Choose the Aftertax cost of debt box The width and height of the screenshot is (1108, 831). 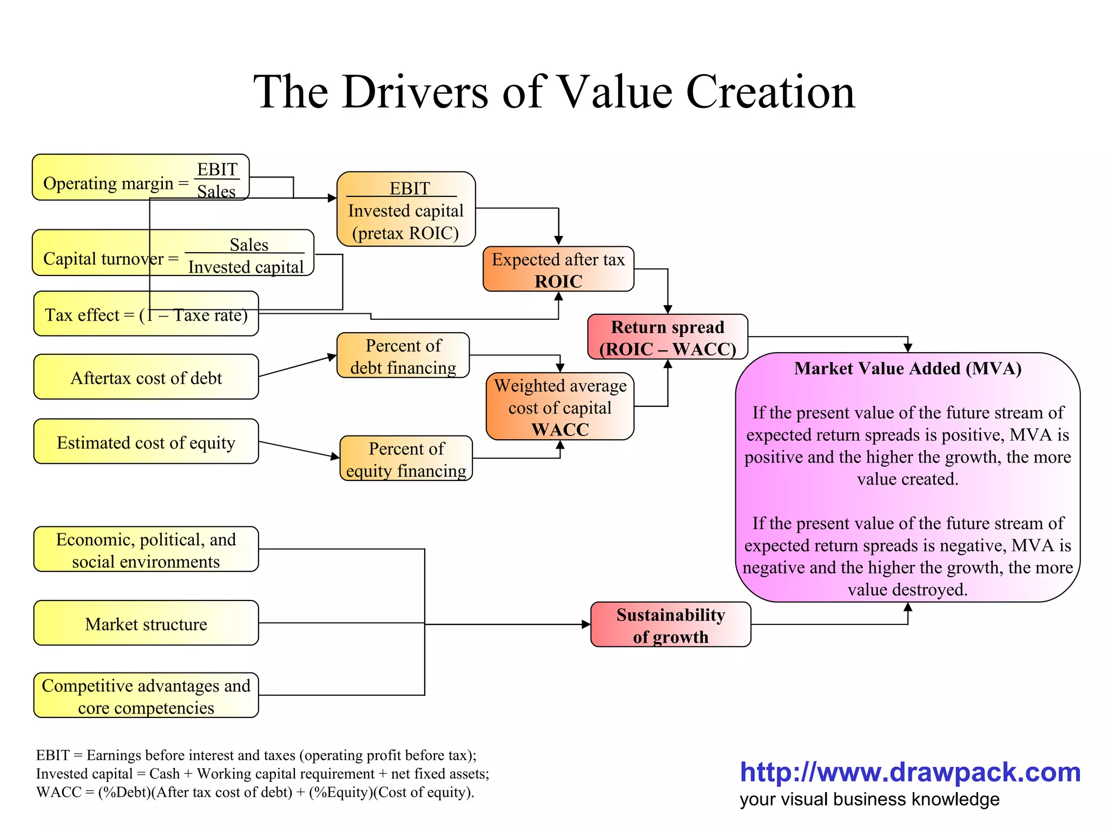point(146,377)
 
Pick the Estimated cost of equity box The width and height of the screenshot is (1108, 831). point(146,441)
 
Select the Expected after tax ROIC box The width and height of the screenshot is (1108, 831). point(558,269)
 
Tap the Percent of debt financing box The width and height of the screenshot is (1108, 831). point(403,355)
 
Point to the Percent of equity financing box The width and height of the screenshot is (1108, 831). point(406,458)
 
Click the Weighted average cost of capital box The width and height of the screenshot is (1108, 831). point(560,406)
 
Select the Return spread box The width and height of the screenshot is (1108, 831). point(668,337)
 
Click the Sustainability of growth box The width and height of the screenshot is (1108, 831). point(670,625)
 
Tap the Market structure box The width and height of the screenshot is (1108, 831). point(146,623)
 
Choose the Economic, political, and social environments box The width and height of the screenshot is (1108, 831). point(146,549)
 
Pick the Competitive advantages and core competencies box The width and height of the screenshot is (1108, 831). point(146,696)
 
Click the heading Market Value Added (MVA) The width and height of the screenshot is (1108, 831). point(907,368)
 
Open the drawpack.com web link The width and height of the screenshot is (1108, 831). point(910,772)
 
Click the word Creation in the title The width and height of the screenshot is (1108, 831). point(770,92)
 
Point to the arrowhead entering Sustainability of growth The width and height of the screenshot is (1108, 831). point(586,624)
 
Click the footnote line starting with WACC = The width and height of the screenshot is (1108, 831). point(255,792)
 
